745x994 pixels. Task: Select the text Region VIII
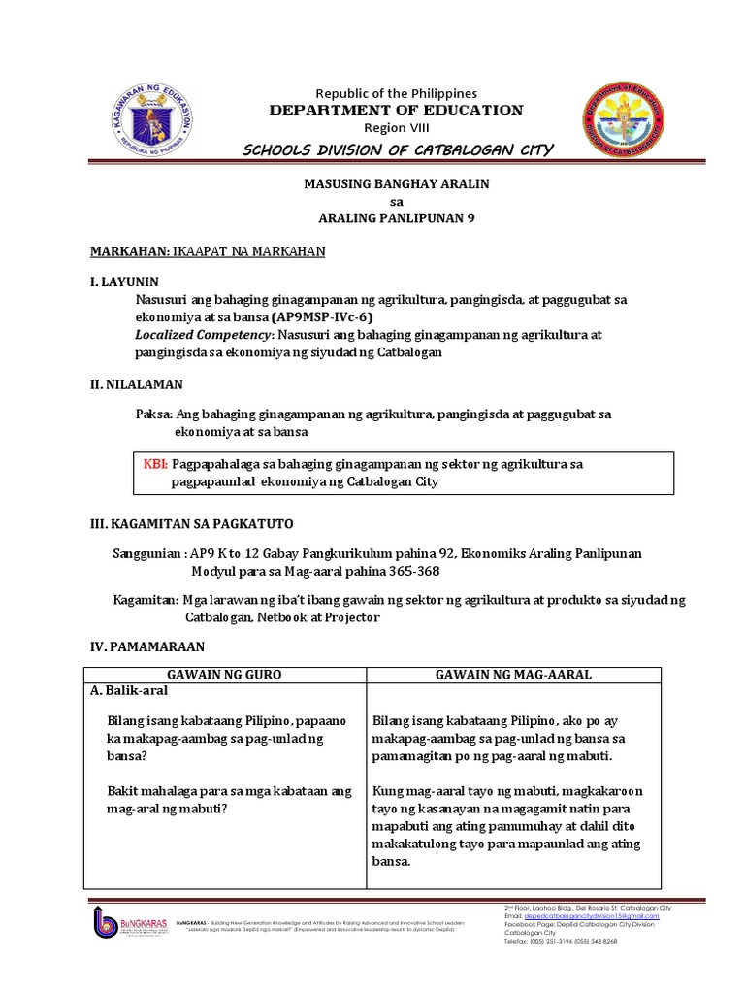point(394,128)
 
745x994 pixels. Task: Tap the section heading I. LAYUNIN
point(123,282)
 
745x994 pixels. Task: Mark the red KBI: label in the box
point(155,464)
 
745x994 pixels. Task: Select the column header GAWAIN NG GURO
point(224,675)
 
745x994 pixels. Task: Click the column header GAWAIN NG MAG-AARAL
point(513,675)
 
